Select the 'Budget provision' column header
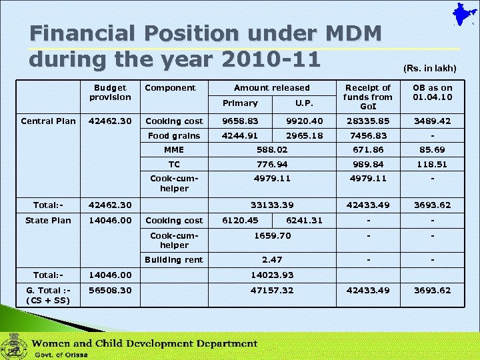point(110,92)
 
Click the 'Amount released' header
point(271,87)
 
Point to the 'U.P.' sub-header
point(303,103)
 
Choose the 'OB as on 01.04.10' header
point(432,92)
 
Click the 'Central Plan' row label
point(48,121)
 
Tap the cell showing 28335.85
point(367,121)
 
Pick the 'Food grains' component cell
point(174,135)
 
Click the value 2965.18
point(303,135)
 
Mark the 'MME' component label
point(174,150)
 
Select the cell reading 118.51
point(432,164)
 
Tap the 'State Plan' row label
point(48,220)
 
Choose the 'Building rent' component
point(174,259)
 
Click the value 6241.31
point(304,220)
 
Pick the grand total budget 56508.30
point(110,290)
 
